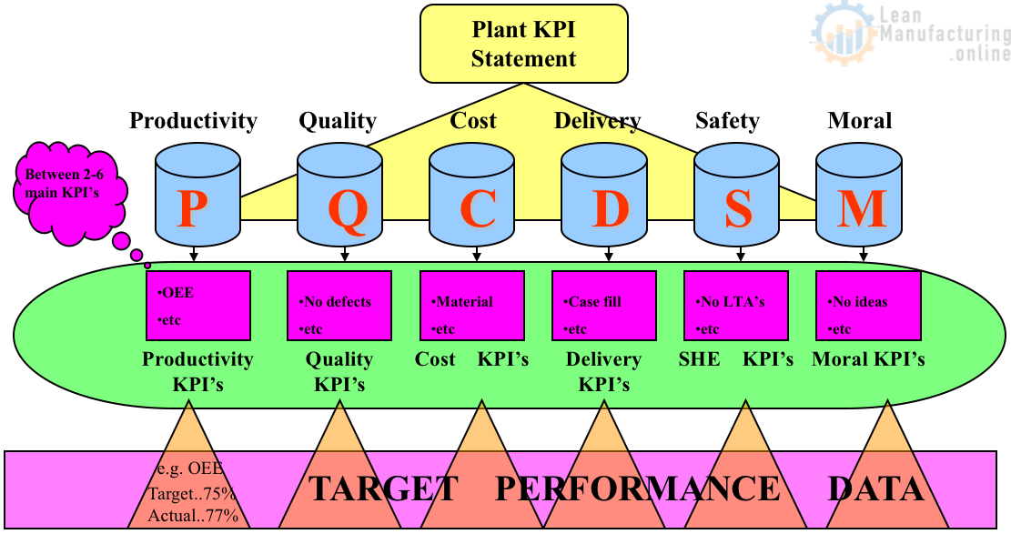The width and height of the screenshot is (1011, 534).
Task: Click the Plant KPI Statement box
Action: coord(523,44)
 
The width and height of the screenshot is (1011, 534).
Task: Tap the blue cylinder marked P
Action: coord(193,197)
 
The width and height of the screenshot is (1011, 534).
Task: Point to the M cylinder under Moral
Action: coord(861,197)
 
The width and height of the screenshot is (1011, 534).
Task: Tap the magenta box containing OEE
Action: coord(198,307)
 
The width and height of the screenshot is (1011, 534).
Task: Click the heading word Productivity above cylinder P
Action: coord(193,120)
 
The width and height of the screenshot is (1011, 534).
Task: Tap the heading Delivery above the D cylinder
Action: coord(597,120)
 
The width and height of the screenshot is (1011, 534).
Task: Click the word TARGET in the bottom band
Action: coord(383,489)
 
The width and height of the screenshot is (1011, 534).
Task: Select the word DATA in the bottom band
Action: coord(875,489)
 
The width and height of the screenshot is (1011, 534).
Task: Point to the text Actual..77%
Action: coord(193,517)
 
